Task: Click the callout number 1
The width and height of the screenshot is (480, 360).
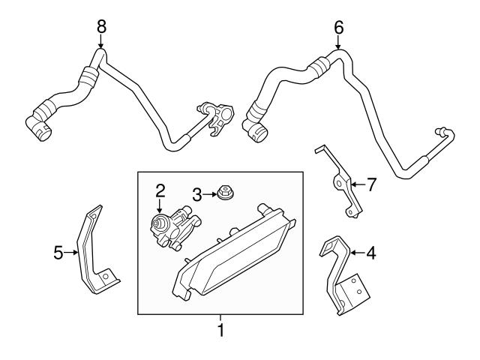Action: (220, 328)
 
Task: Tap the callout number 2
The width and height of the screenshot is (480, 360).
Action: (160, 190)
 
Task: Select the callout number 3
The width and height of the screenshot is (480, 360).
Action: (196, 195)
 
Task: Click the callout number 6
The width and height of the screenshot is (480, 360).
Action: (338, 26)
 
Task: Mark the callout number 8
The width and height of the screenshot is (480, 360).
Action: (101, 26)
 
